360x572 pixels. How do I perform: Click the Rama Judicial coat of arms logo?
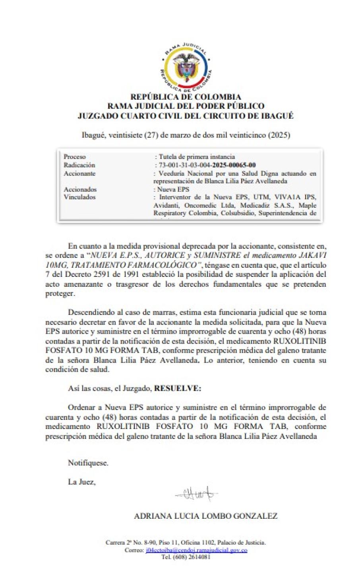click(186, 68)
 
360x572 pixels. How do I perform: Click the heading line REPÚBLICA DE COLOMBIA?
click(186, 97)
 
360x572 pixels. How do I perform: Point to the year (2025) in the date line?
click(279, 135)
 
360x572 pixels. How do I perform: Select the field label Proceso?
click(75, 157)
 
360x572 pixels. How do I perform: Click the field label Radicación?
click(79, 165)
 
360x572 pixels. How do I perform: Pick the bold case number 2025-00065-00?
click(234, 165)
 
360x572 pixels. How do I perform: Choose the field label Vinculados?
click(79, 197)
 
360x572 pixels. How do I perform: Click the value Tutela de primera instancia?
click(197, 157)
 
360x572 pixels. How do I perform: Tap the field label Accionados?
click(80, 189)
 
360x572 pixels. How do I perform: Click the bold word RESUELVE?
click(178, 388)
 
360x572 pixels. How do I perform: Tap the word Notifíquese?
click(88, 463)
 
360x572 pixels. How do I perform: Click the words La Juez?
click(82, 482)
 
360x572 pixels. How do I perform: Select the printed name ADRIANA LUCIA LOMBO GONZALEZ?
click(205, 516)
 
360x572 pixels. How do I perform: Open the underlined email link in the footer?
click(196, 550)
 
